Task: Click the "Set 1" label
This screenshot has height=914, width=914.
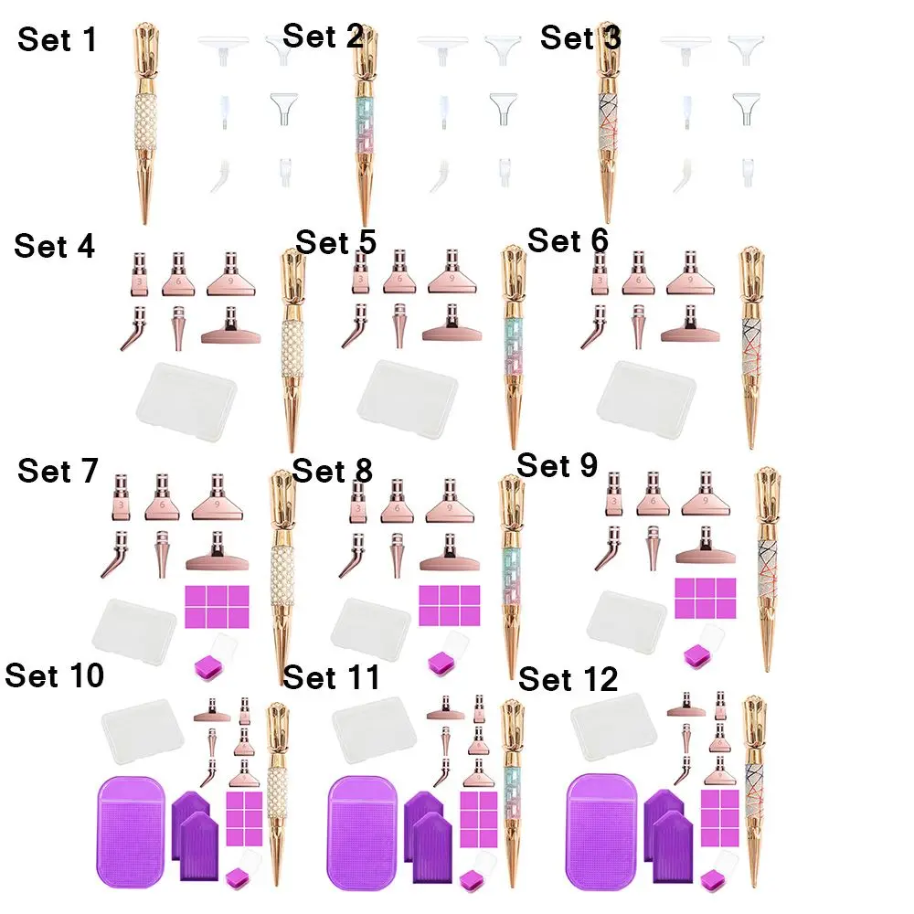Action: [57, 40]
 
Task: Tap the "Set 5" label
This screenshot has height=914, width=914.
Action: [335, 243]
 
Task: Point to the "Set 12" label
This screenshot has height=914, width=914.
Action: [568, 680]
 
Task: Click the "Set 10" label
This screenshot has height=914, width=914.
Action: [54, 676]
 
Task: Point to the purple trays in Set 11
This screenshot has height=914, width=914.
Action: [425, 827]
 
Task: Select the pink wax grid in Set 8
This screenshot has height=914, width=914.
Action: [449, 605]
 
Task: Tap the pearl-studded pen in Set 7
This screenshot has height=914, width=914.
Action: [282, 576]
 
